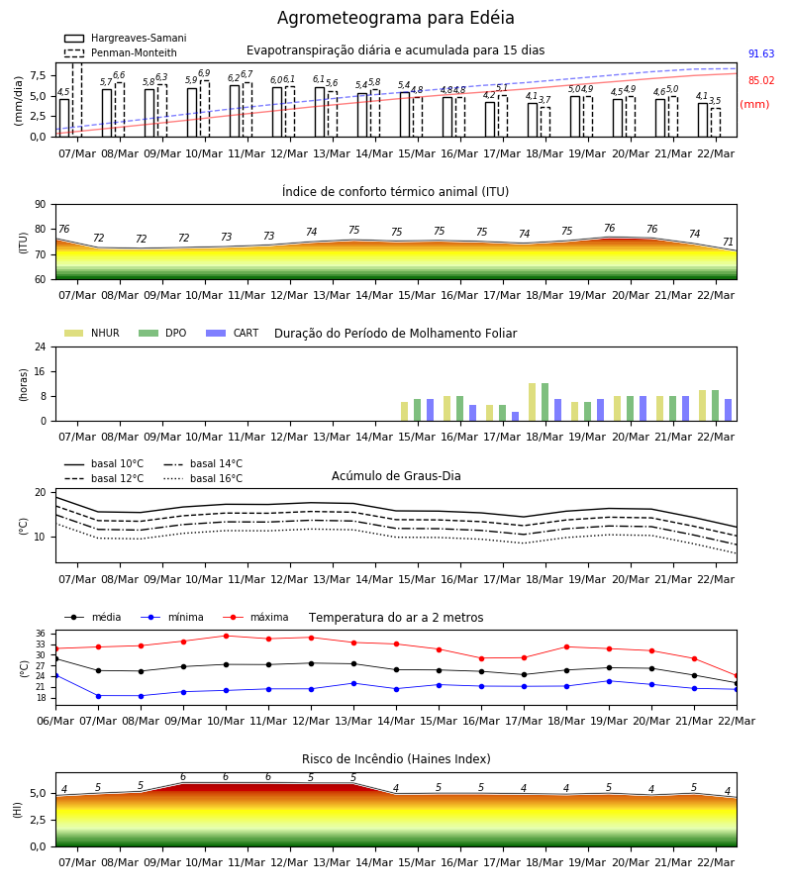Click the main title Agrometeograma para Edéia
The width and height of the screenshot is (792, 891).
point(395,18)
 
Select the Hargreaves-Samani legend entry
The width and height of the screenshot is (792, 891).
point(125,38)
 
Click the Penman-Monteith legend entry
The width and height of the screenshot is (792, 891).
point(121,52)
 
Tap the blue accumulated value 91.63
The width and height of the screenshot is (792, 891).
point(761,54)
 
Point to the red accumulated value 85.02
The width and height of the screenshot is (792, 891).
point(761,81)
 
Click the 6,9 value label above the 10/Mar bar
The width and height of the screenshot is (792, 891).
point(204,73)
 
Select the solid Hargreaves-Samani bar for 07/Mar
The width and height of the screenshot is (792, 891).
point(64,118)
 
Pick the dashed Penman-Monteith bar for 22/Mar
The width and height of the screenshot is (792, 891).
point(716,123)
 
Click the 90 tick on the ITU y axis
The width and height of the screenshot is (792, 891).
point(41,205)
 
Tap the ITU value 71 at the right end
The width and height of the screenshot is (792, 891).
point(728,243)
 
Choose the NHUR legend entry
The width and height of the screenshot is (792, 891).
point(92,333)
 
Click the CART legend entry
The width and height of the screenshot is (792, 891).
point(233,333)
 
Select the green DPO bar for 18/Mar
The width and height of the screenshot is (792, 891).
point(544,402)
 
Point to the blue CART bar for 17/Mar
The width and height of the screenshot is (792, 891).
point(516,417)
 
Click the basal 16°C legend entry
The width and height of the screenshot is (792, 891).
point(203,478)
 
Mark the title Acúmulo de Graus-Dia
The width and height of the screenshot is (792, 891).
point(396,476)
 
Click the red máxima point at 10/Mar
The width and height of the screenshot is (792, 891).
point(226,636)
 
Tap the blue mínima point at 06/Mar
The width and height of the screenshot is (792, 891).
point(56,675)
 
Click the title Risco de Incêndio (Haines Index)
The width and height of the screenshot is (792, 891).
point(396,759)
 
